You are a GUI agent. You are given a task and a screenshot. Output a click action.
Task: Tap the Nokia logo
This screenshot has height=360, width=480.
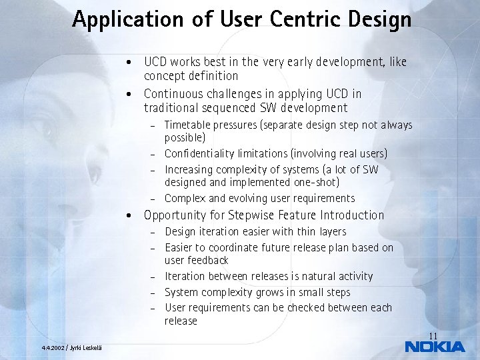coord(435,346)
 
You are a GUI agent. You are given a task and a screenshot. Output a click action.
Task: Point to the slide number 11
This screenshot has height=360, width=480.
coord(433,335)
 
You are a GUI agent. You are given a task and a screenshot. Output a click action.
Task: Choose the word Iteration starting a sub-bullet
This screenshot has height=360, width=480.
coord(185,276)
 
